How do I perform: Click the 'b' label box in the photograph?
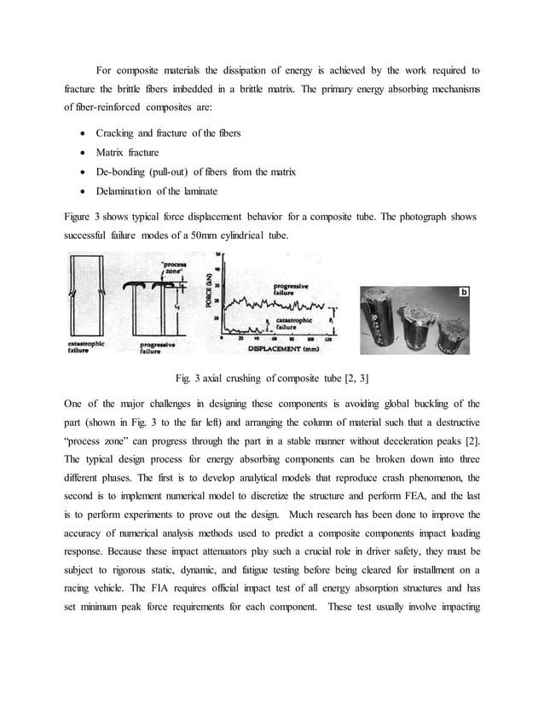pyautogui.click(x=466, y=292)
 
